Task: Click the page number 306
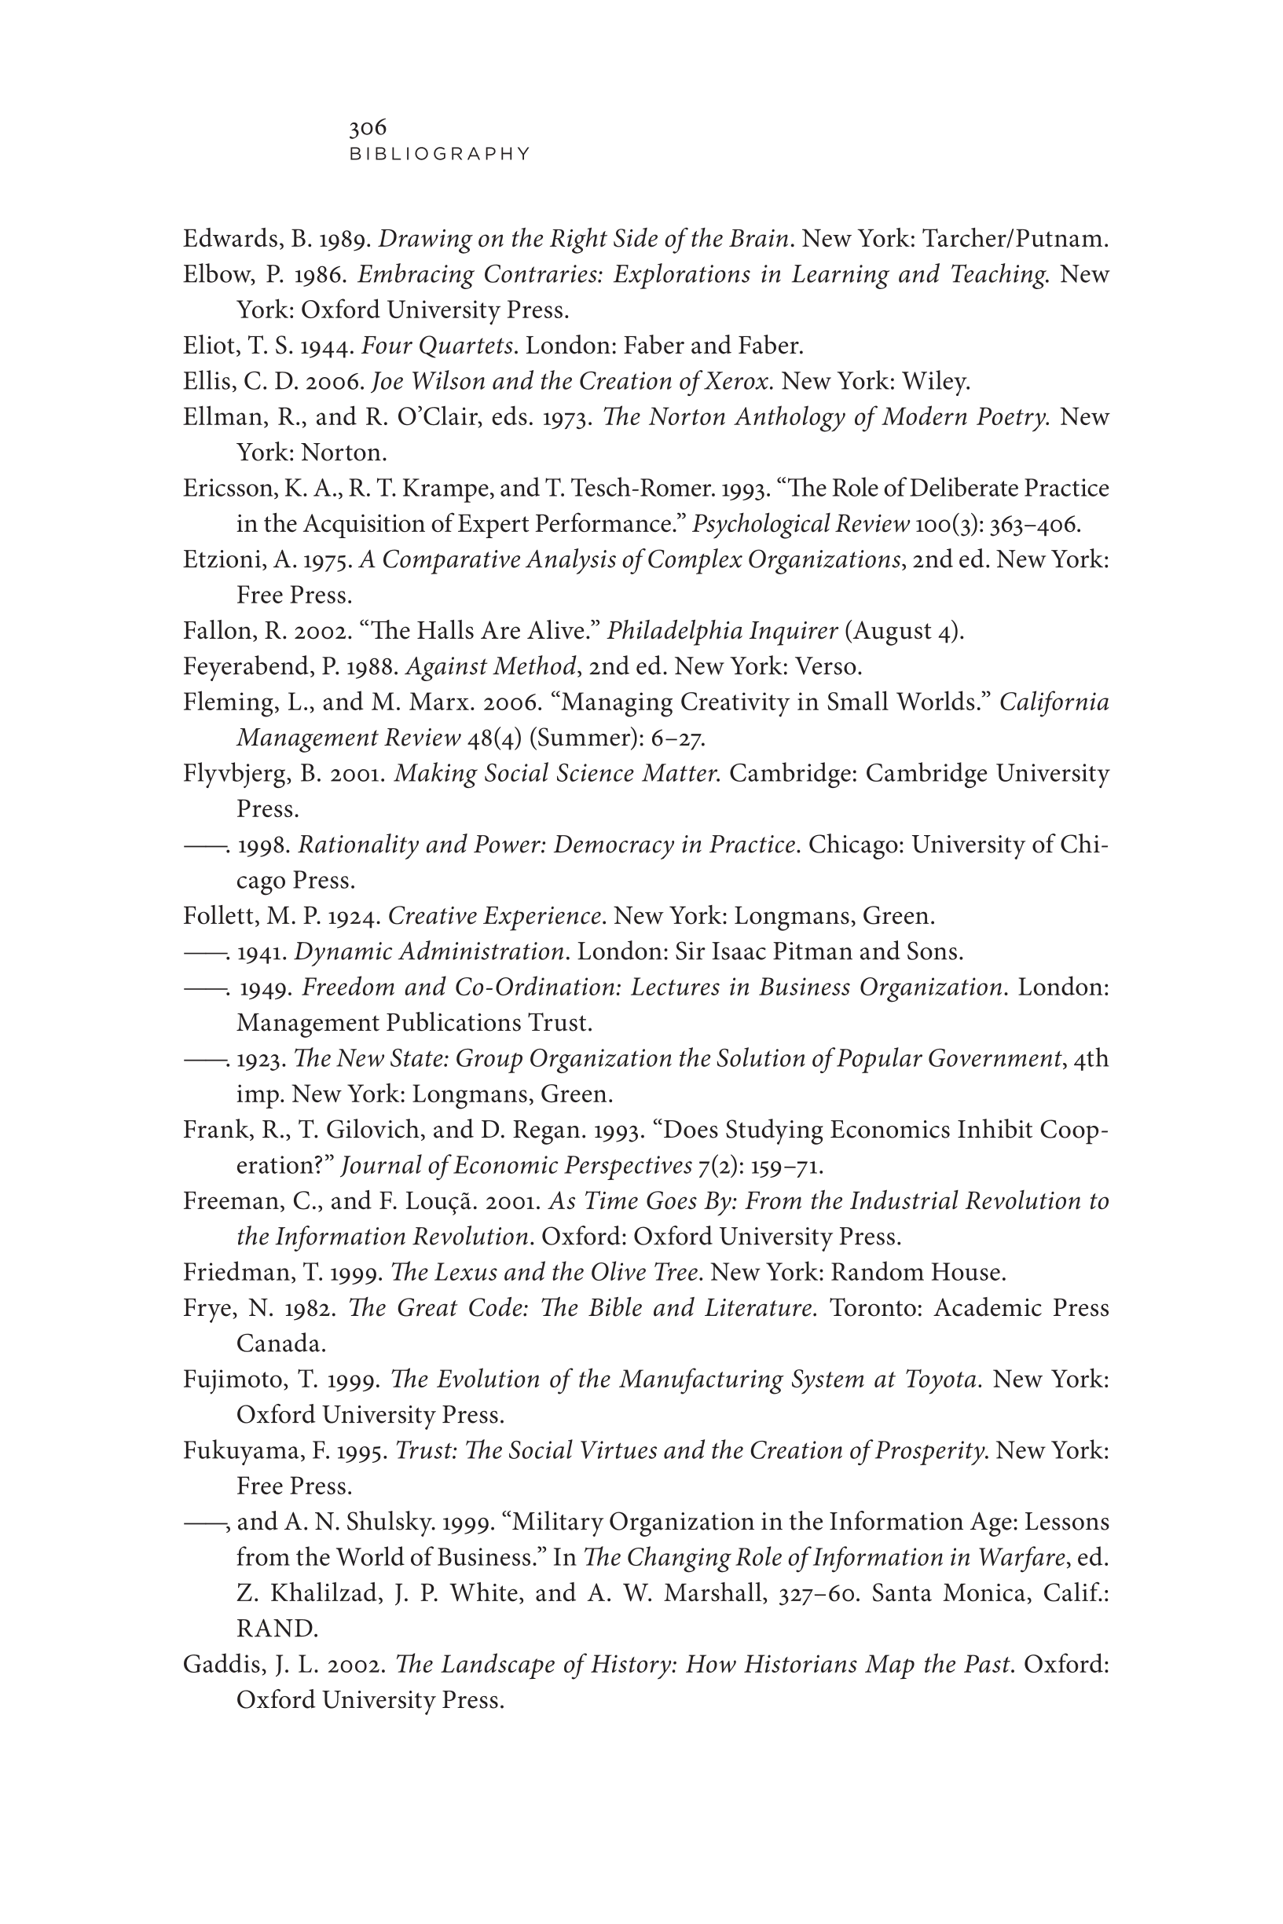[x=368, y=127]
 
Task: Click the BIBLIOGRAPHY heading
[x=440, y=154]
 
